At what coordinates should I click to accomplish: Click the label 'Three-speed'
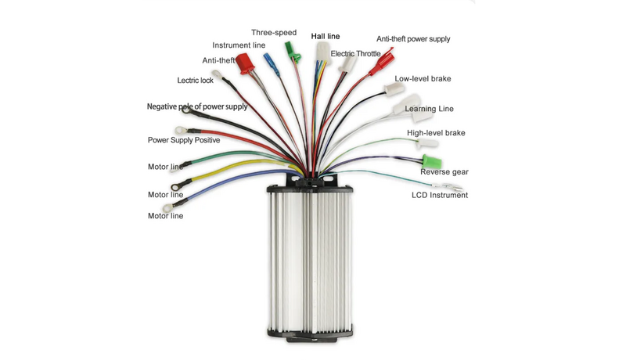(x=274, y=33)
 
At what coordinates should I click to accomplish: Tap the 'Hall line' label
(x=326, y=36)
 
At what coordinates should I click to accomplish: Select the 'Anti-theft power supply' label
(x=413, y=39)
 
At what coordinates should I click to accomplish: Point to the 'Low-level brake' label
(x=423, y=78)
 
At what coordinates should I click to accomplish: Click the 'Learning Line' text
(x=429, y=109)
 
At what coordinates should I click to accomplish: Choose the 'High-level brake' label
(x=436, y=133)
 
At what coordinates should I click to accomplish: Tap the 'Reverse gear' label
(x=444, y=172)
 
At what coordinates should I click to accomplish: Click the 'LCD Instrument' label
(x=440, y=195)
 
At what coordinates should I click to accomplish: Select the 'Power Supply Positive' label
(x=184, y=140)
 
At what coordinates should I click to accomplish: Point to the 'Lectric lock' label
(x=195, y=81)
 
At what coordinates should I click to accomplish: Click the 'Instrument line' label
(x=239, y=45)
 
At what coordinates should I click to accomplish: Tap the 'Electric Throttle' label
(x=355, y=53)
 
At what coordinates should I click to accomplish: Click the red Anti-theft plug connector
(x=244, y=64)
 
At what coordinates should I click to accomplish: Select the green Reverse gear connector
(x=432, y=162)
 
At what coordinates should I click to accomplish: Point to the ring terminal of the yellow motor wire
(x=176, y=186)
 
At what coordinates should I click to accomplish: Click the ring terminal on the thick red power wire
(x=181, y=130)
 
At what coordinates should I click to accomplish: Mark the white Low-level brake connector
(x=394, y=89)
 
